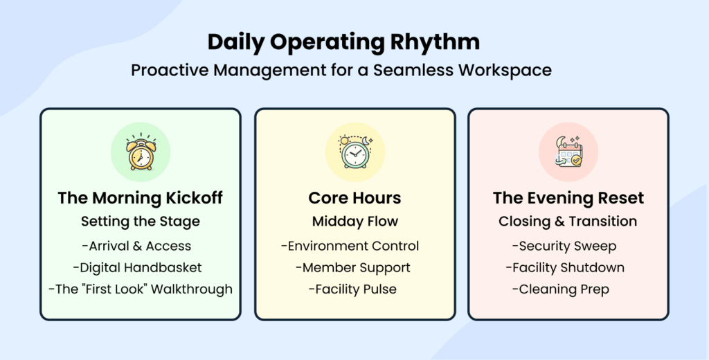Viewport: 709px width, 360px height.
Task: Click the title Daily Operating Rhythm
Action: pos(343,42)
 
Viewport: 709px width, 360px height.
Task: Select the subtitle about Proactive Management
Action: pos(342,71)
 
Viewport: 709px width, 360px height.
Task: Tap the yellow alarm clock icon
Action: pos(140,152)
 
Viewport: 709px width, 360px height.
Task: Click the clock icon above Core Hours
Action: pos(354,152)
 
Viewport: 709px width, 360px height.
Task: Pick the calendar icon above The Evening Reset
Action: pos(568,152)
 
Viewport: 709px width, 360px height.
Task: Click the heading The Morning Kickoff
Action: pos(140,198)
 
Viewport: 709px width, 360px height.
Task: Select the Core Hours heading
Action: pos(354,198)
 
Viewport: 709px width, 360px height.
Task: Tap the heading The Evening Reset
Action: pos(568,198)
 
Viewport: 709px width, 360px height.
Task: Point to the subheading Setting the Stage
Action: pos(140,222)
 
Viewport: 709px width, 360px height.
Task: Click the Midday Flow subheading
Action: pos(354,222)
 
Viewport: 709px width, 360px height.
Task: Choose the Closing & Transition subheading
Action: pos(568,222)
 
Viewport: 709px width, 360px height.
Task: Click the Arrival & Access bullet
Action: pos(140,246)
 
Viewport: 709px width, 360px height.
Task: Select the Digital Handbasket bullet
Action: pos(140,267)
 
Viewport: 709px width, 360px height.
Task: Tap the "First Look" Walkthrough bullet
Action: pos(140,289)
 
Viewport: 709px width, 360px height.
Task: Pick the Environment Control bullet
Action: pos(350,246)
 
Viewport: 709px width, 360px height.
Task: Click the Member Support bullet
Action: pos(352,267)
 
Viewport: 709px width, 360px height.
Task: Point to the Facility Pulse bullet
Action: pos(352,289)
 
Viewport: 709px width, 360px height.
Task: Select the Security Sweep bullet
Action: pos(564,246)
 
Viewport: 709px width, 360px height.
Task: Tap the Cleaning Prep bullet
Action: pos(561,289)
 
